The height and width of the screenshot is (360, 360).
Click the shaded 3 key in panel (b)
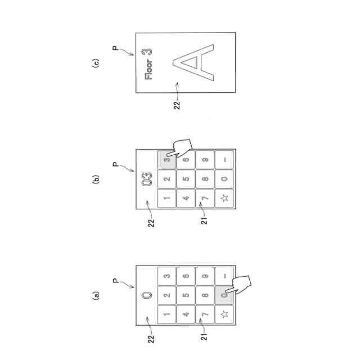point(166,159)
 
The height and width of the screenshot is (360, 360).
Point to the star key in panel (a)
point(224,313)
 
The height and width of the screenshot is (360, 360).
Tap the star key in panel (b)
point(224,198)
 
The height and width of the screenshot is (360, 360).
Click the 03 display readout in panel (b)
point(147,179)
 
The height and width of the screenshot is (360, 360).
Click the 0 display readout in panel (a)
point(147,295)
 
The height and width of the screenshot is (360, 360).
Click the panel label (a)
point(96,295)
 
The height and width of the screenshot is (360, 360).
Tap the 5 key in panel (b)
point(186,179)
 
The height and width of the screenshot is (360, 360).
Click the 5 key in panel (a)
point(186,294)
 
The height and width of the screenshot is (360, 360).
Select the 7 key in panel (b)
point(205,198)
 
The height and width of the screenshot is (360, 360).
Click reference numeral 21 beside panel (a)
point(205,336)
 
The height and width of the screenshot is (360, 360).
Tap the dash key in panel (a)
point(224,275)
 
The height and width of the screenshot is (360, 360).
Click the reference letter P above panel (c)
point(116,50)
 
